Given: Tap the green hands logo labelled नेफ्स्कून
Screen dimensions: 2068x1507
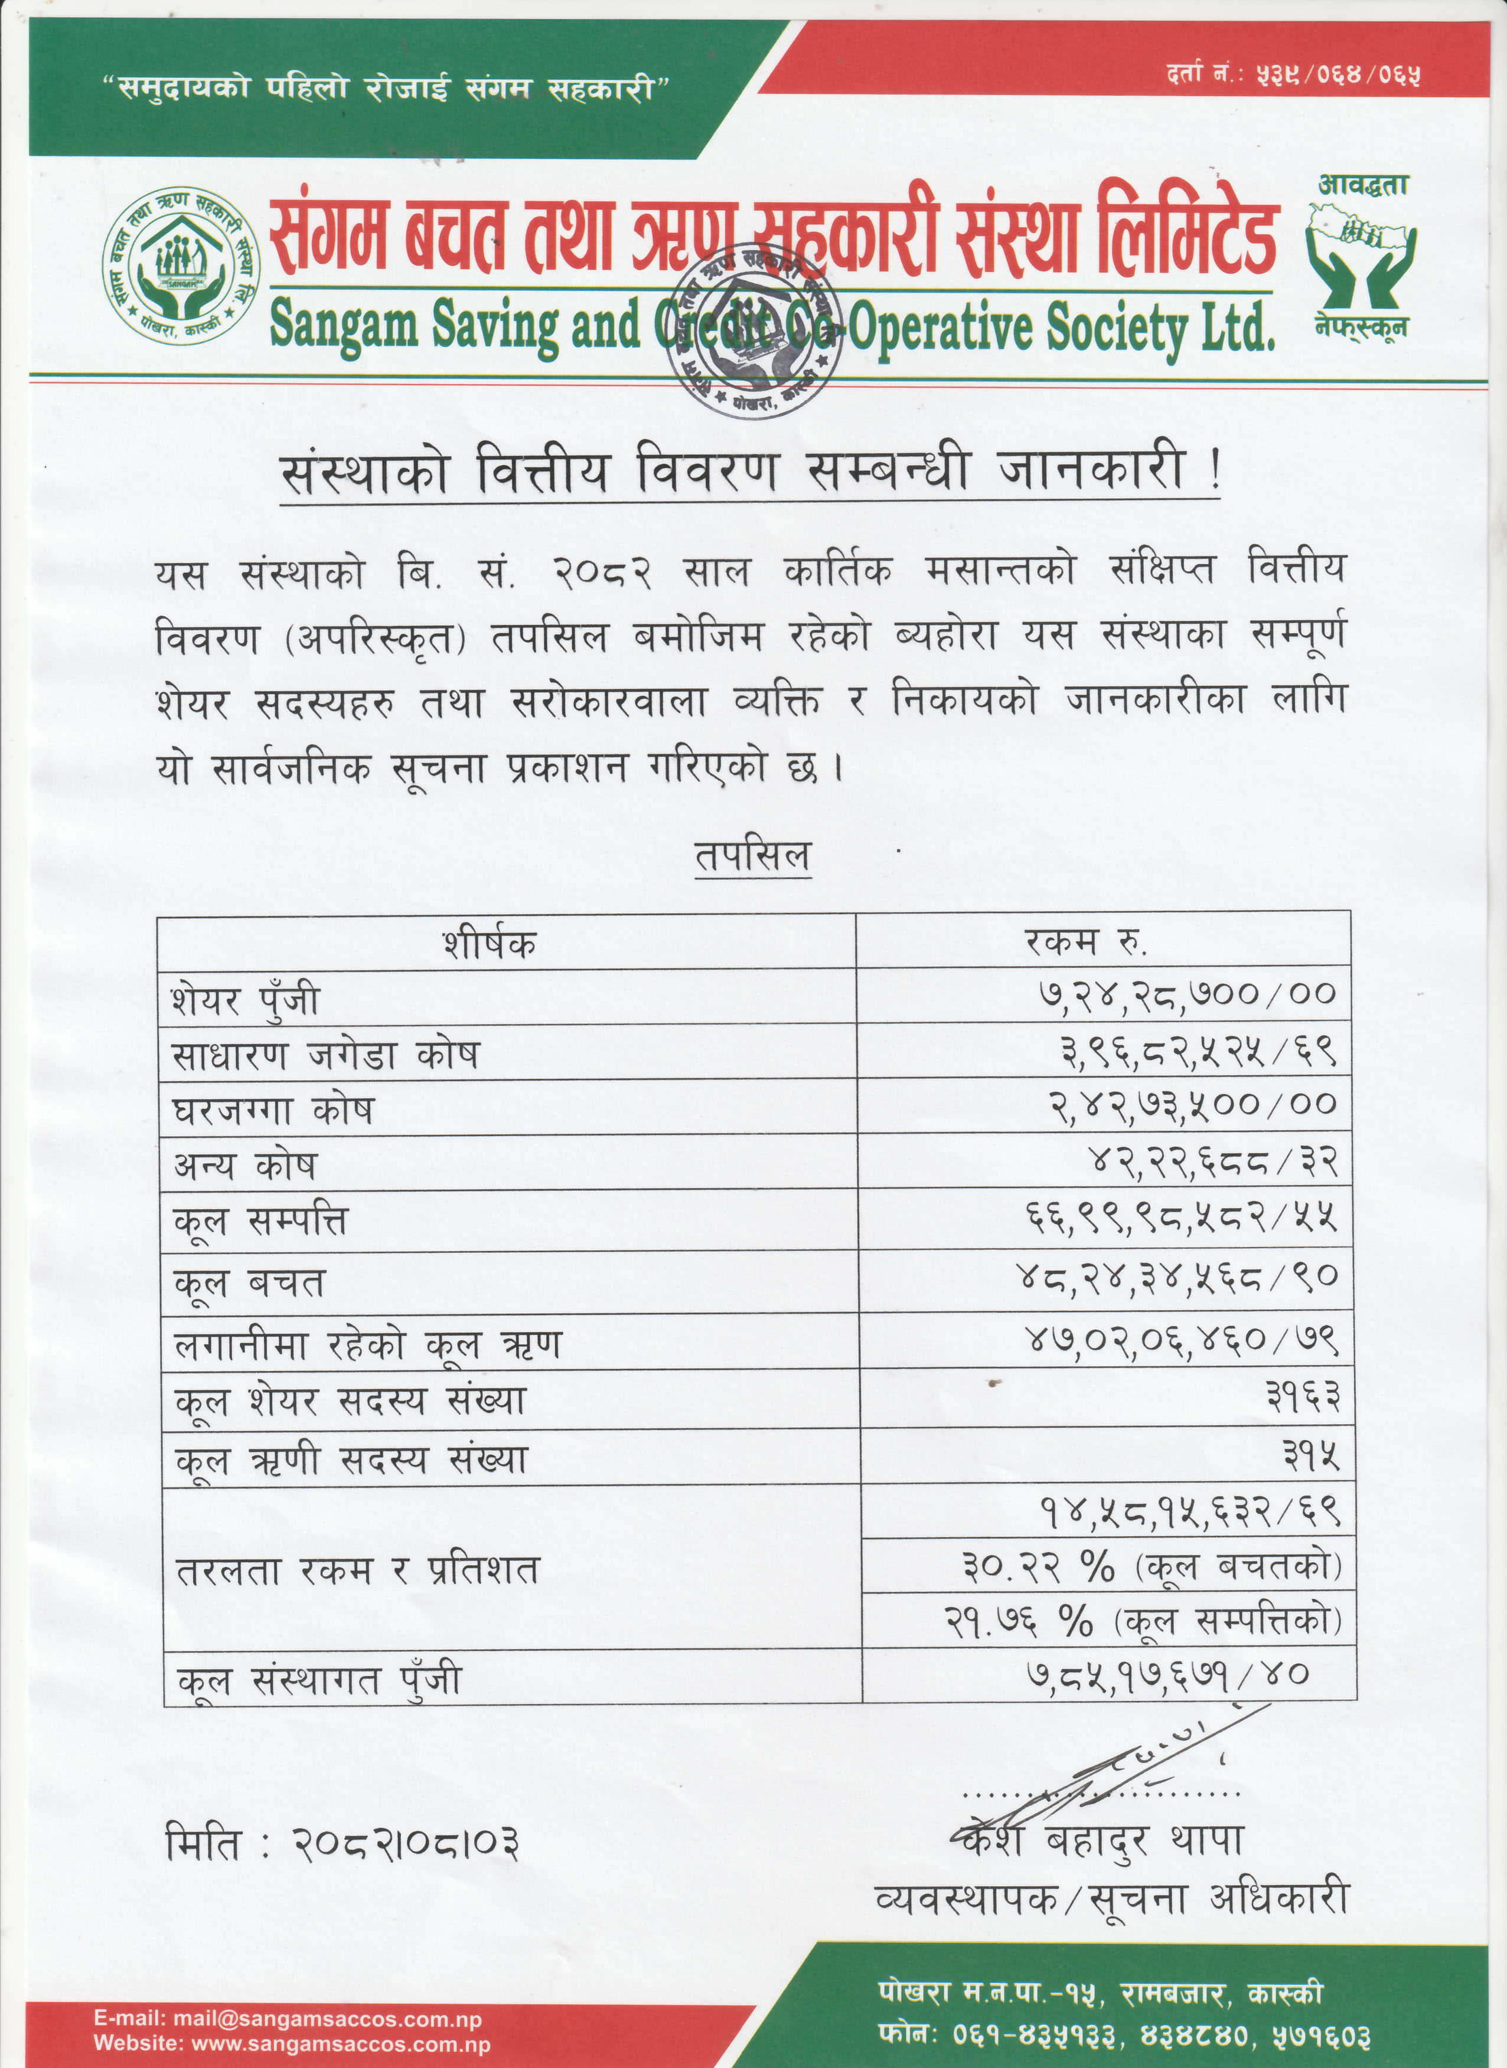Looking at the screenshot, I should (x=1362, y=256).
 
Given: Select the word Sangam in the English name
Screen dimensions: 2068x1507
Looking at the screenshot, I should (x=345, y=326).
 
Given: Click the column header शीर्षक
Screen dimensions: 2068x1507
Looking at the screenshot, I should (x=490, y=943).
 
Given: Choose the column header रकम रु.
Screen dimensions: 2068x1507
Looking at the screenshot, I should (x=1085, y=941).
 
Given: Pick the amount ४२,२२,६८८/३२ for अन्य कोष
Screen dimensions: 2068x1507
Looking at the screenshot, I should (x=1214, y=1161).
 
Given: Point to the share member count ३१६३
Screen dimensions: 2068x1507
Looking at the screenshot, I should (x=1303, y=1397).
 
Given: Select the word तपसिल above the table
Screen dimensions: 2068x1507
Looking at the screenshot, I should (x=752, y=857).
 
